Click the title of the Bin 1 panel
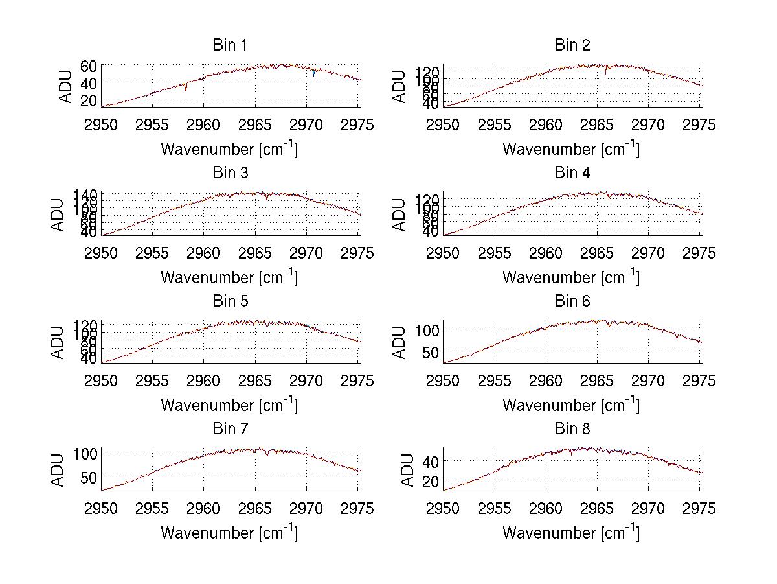(x=230, y=45)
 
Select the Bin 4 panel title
(x=572, y=173)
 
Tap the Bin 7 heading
(x=230, y=429)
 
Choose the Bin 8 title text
(x=572, y=429)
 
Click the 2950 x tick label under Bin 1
(x=102, y=124)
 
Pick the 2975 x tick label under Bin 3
(x=357, y=253)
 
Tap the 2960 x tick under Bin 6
(x=546, y=380)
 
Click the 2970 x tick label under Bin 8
(x=649, y=509)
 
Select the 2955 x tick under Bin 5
(x=153, y=380)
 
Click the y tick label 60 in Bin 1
(x=89, y=65)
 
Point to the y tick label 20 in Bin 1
(x=89, y=100)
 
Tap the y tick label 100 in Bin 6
(x=427, y=329)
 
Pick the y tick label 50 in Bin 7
(x=89, y=476)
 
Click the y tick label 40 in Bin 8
(x=431, y=461)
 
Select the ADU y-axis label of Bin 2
(x=400, y=85)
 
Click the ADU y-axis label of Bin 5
(x=58, y=341)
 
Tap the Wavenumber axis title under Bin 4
(x=570, y=277)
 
